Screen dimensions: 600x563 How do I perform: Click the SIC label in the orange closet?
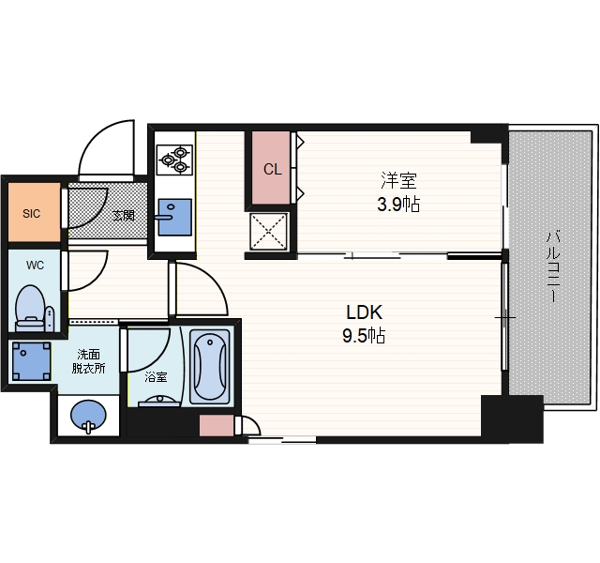pyautogui.click(x=31, y=213)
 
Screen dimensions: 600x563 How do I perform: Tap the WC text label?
pyautogui.click(x=35, y=265)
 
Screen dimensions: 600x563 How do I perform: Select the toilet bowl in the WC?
pyautogui.click(x=29, y=308)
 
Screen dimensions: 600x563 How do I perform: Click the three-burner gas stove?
pyautogui.click(x=175, y=160)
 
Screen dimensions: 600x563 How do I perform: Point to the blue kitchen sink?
pyautogui.click(x=175, y=217)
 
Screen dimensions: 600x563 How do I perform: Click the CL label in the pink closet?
pyautogui.click(x=273, y=169)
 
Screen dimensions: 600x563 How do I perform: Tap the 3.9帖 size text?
pyautogui.click(x=398, y=205)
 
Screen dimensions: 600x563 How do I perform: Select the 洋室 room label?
pyautogui.click(x=398, y=181)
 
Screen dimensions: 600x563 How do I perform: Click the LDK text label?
pyautogui.click(x=364, y=312)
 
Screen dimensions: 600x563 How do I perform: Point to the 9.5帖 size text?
pyautogui.click(x=364, y=336)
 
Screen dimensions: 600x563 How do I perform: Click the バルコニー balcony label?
pyautogui.click(x=552, y=266)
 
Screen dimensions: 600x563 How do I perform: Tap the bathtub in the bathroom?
pyautogui.click(x=210, y=367)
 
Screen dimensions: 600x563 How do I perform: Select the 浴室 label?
pyautogui.click(x=156, y=377)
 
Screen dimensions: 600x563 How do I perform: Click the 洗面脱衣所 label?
pyautogui.click(x=88, y=361)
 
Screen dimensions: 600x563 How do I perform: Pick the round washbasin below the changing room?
pyautogui.click(x=88, y=417)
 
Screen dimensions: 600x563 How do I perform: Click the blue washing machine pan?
pyautogui.click(x=31, y=361)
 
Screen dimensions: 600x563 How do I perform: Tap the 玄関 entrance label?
pyautogui.click(x=124, y=215)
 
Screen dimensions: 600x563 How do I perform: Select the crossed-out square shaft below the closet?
pyautogui.click(x=268, y=232)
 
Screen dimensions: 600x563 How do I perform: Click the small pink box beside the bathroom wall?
pyautogui.click(x=217, y=425)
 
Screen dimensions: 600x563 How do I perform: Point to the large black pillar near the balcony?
pyautogui.click(x=512, y=419)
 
